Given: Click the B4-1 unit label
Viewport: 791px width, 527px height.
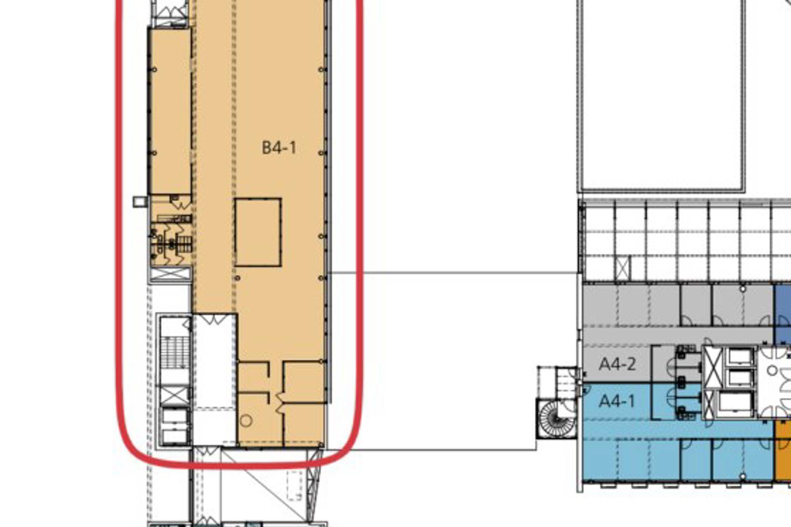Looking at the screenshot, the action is click(x=279, y=148).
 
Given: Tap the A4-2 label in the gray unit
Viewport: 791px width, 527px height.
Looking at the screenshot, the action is click(x=617, y=364).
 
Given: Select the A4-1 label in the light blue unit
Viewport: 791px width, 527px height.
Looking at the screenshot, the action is click(x=616, y=401).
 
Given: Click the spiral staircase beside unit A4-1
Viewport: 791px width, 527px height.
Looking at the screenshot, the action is click(x=557, y=418).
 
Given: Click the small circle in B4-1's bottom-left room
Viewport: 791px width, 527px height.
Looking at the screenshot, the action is click(x=246, y=421).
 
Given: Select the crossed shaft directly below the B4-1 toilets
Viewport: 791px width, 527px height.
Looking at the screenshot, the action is click(x=170, y=274).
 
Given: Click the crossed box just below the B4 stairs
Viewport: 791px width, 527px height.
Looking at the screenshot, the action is click(x=174, y=396).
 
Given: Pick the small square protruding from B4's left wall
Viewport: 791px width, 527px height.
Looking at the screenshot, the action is click(x=140, y=201).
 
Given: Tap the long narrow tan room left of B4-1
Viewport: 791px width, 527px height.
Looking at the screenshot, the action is click(x=170, y=111).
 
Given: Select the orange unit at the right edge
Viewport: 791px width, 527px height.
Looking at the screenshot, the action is click(x=783, y=450).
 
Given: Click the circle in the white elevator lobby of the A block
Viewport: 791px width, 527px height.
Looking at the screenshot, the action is click(x=772, y=371).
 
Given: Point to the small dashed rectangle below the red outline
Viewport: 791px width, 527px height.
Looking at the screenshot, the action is click(x=295, y=485).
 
